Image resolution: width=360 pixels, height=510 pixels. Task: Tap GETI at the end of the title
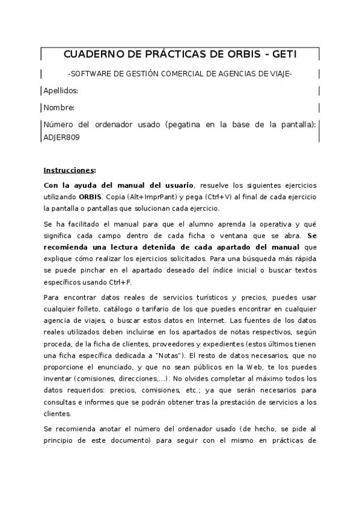pos(282,55)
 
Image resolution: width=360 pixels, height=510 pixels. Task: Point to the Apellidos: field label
pos(61,91)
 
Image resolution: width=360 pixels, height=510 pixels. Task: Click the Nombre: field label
pos(59,108)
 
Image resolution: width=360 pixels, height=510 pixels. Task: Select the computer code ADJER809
pos(62,137)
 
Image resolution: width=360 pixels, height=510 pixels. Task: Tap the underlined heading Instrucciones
pos(69,170)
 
